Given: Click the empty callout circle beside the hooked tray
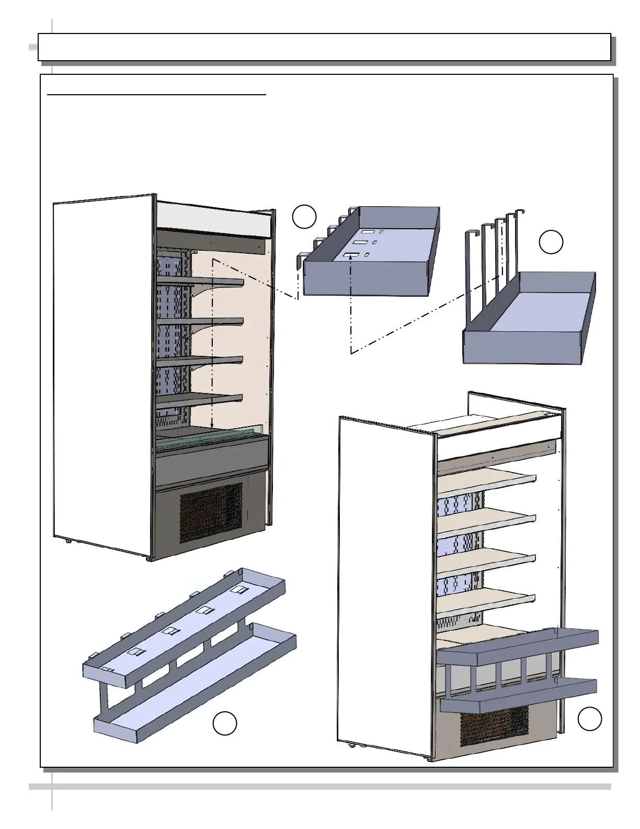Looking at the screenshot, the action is coord(304,217).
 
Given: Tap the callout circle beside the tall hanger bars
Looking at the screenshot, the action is coord(551,242).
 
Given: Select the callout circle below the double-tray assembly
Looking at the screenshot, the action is coord(225,723).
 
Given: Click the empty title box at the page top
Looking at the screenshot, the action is coord(324,47).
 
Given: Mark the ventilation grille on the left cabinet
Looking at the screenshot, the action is coord(211,512).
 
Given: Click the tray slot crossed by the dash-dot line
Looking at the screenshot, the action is coord(350,255).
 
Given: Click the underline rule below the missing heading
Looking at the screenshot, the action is coord(157,95).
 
